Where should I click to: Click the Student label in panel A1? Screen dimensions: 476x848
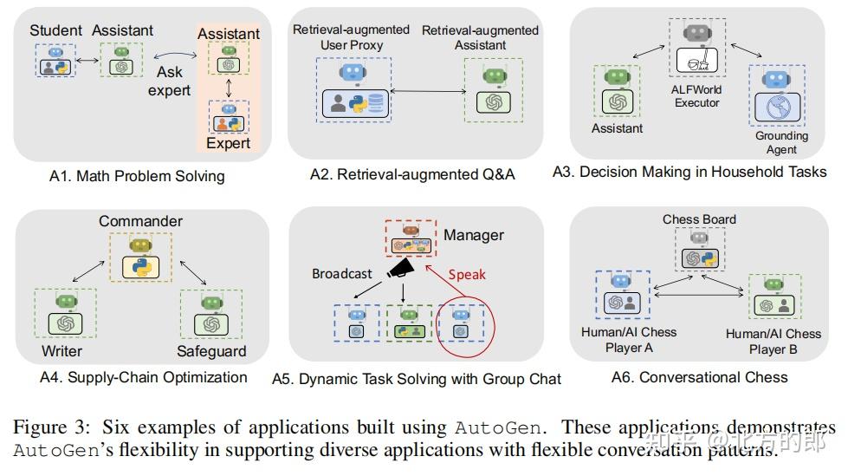tap(56, 30)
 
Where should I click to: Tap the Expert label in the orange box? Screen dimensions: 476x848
tap(228, 143)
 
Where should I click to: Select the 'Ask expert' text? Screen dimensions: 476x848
tap(169, 82)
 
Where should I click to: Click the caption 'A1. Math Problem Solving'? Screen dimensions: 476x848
tap(137, 176)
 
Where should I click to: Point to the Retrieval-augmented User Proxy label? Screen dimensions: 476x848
tap(351, 36)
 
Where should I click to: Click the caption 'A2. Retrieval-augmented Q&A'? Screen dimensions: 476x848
tap(412, 174)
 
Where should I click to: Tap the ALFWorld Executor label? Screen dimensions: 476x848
tap(696, 95)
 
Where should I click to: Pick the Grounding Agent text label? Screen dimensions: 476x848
tap(781, 142)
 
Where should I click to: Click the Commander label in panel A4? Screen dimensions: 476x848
tap(139, 221)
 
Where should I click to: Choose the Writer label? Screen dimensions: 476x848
tap(61, 351)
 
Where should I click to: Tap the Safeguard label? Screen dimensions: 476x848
tap(211, 351)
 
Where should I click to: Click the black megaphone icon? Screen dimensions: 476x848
tap(399, 272)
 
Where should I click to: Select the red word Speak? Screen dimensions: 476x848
tap(468, 276)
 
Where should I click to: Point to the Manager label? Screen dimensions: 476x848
tap(474, 235)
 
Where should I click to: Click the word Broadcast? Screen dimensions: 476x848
tap(342, 274)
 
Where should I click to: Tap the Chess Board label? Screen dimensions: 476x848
tap(699, 219)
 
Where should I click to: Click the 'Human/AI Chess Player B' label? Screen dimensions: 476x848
tap(774, 342)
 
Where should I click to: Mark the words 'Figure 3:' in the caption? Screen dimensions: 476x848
tap(53, 427)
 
